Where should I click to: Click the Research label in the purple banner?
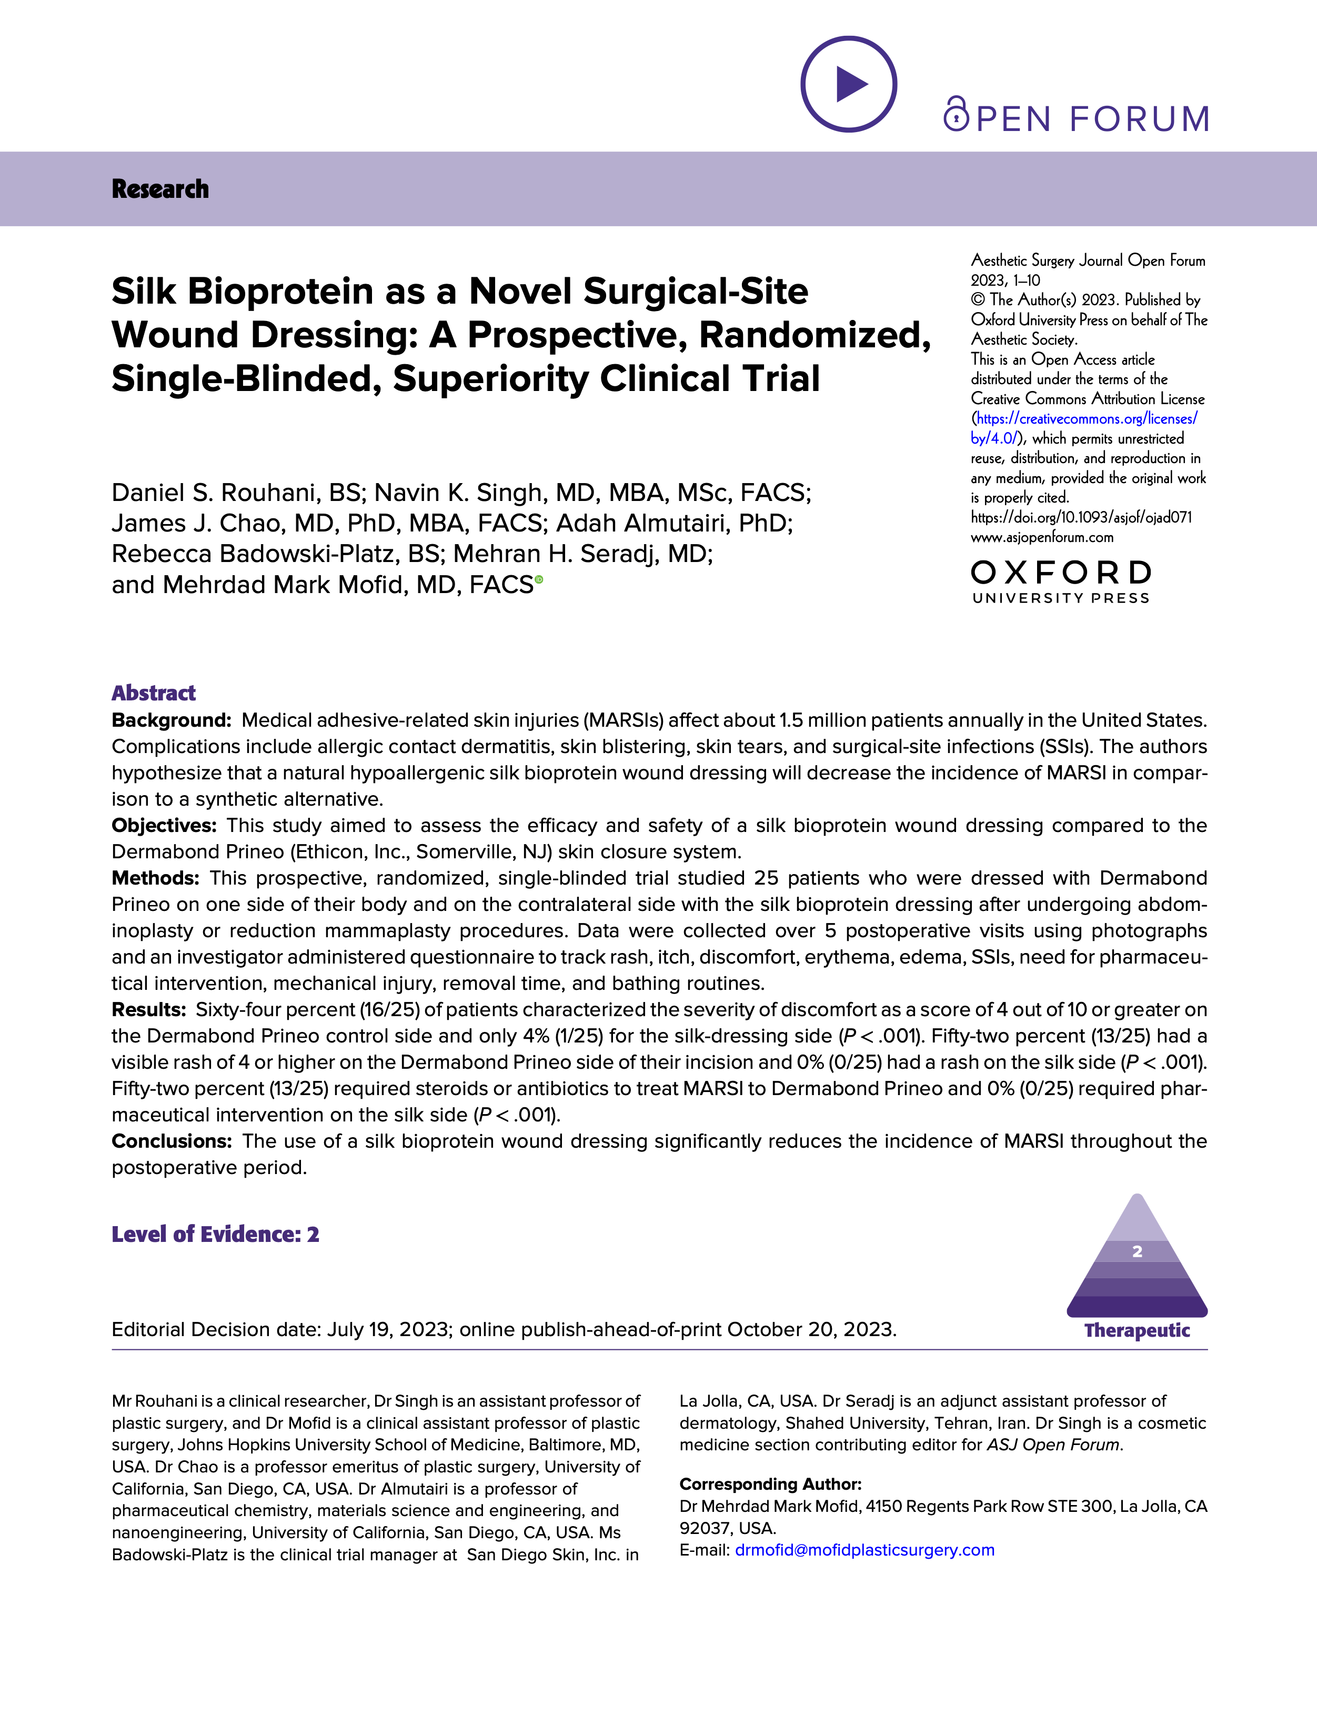[160, 189]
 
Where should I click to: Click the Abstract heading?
[154, 693]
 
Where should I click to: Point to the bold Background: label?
[171, 720]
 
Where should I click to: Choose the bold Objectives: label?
[164, 825]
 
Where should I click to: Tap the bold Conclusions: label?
[172, 1141]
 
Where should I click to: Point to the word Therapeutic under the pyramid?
[1137, 1330]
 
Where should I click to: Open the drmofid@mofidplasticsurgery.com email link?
[864, 1550]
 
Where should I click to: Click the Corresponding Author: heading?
[770, 1484]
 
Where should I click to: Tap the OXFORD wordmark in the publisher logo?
[1061, 573]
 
